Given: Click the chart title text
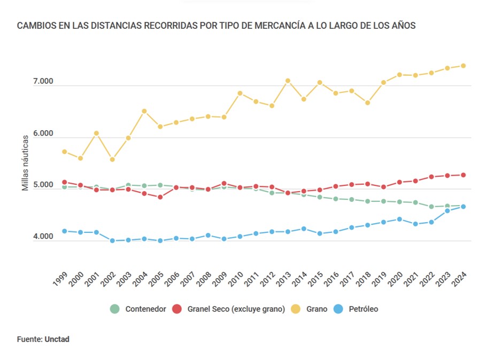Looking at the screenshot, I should (x=216, y=26).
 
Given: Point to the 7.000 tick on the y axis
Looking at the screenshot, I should (x=43, y=82).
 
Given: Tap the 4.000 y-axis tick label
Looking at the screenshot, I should (x=43, y=237).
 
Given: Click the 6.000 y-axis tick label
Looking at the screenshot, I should (x=43, y=134).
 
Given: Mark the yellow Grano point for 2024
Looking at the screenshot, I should (x=464, y=66).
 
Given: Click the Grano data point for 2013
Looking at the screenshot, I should (x=288, y=81).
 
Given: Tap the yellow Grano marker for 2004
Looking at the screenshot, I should (x=144, y=111).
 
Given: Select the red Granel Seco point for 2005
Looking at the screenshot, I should (x=160, y=197).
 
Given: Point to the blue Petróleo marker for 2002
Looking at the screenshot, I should (x=112, y=241).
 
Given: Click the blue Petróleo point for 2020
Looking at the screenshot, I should (x=399, y=219).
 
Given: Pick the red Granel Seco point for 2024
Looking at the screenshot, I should (x=464, y=175).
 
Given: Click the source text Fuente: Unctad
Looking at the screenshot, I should (x=43, y=339).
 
